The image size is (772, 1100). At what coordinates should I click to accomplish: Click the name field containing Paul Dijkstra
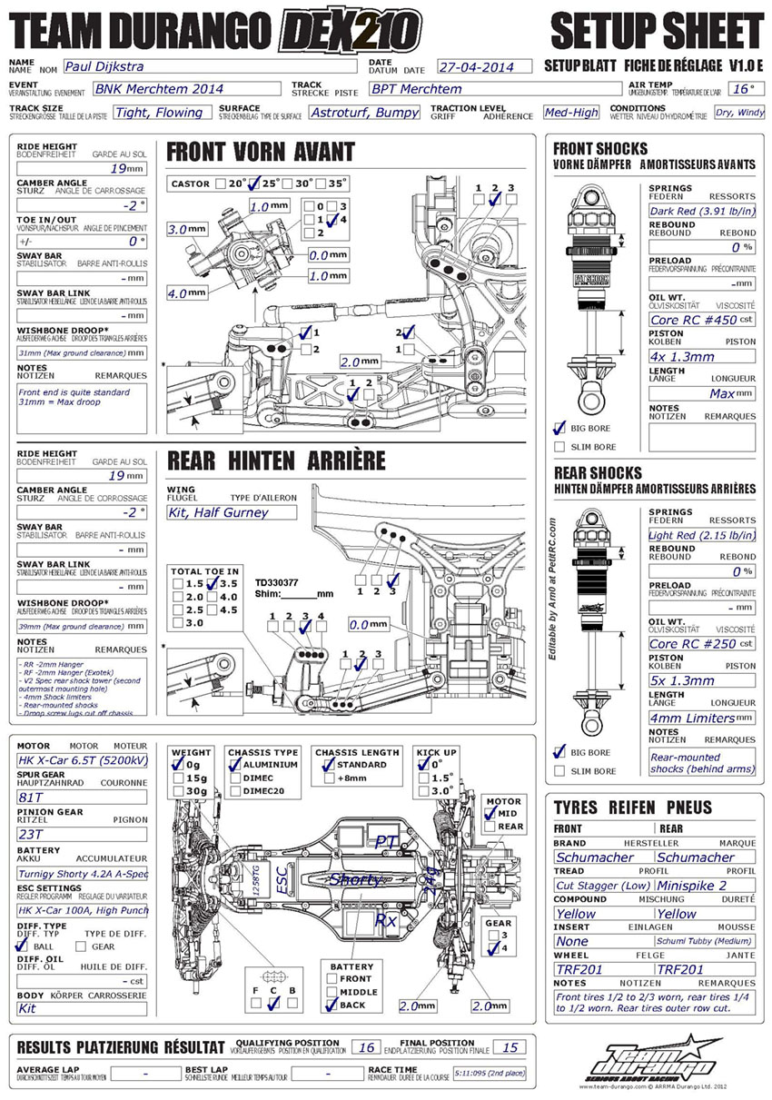tap(209, 66)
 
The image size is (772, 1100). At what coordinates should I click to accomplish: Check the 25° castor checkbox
tap(256, 183)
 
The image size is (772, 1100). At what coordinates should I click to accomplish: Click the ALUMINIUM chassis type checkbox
tap(235, 765)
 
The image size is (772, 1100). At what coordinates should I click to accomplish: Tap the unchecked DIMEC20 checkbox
tap(235, 790)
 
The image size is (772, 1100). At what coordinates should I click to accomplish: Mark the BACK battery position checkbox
tap(332, 1006)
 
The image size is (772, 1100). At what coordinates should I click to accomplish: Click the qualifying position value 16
tap(367, 1047)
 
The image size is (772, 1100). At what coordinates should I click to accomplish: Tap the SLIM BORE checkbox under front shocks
tap(559, 447)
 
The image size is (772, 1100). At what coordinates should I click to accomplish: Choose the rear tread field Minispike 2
tap(705, 885)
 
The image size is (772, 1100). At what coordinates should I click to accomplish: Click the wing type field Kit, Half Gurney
tap(232, 512)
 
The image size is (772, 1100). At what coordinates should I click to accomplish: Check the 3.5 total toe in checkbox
tap(211, 584)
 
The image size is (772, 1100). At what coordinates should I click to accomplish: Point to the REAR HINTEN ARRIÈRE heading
tap(276, 461)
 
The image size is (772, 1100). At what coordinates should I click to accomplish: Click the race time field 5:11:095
tap(489, 1073)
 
